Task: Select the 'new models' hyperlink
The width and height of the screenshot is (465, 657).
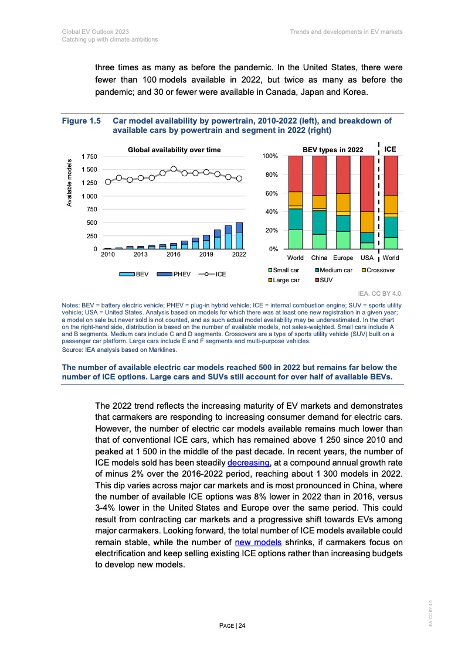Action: click(x=258, y=543)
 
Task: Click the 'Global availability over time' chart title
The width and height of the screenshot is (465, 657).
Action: click(x=174, y=150)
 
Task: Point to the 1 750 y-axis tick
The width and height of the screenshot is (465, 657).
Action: click(x=90, y=156)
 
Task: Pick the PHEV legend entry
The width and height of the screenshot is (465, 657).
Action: click(x=182, y=274)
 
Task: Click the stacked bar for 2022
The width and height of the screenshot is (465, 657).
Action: click(x=239, y=236)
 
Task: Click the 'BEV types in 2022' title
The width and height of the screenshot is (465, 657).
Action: click(x=332, y=150)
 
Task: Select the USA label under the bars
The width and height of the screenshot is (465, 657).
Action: click(x=367, y=258)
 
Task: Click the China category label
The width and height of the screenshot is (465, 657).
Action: click(x=320, y=258)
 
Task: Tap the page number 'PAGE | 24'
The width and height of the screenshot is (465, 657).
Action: click(x=232, y=626)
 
